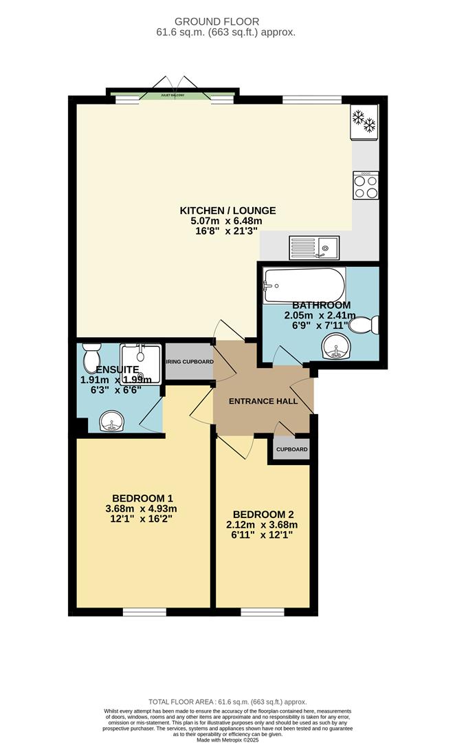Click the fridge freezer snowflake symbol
point(364,120)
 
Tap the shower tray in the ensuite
point(140,363)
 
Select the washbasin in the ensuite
point(110,422)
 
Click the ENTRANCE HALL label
point(263,401)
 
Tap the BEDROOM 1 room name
point(143,498)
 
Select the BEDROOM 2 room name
point(264,514)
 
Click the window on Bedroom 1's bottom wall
point(144,612)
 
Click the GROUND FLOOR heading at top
point(227,21)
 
